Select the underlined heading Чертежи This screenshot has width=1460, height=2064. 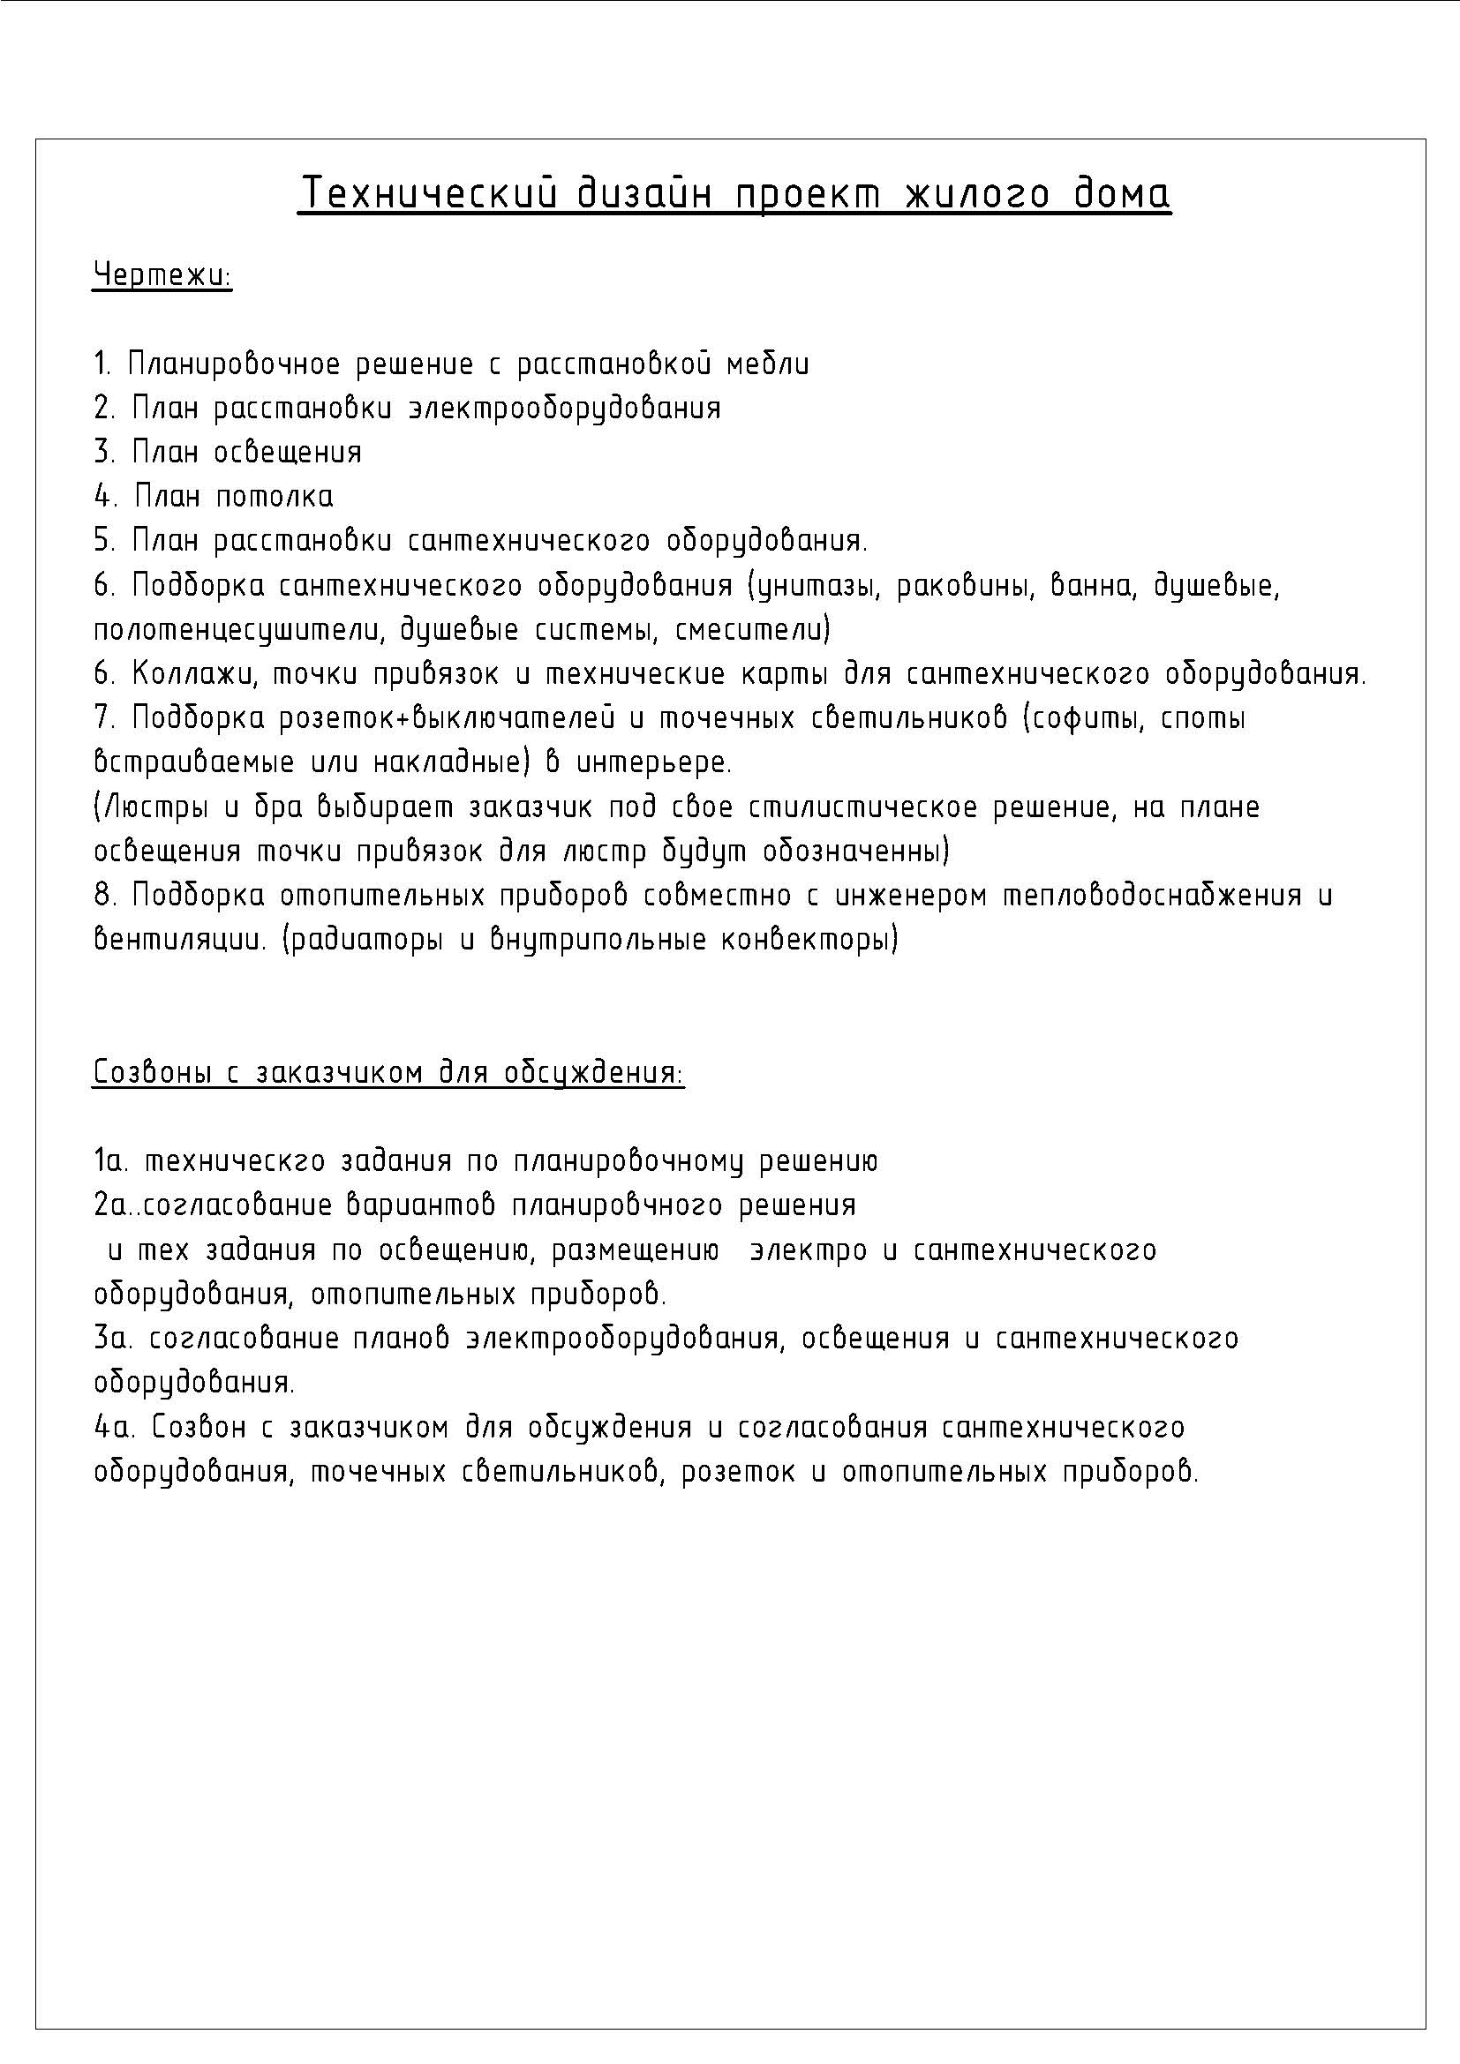162,275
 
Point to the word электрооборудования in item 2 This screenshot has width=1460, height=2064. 565,409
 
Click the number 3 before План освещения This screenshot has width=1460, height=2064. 102,452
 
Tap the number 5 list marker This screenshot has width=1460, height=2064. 102,541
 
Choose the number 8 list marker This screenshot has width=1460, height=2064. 102,896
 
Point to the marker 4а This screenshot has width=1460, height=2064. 113,1428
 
